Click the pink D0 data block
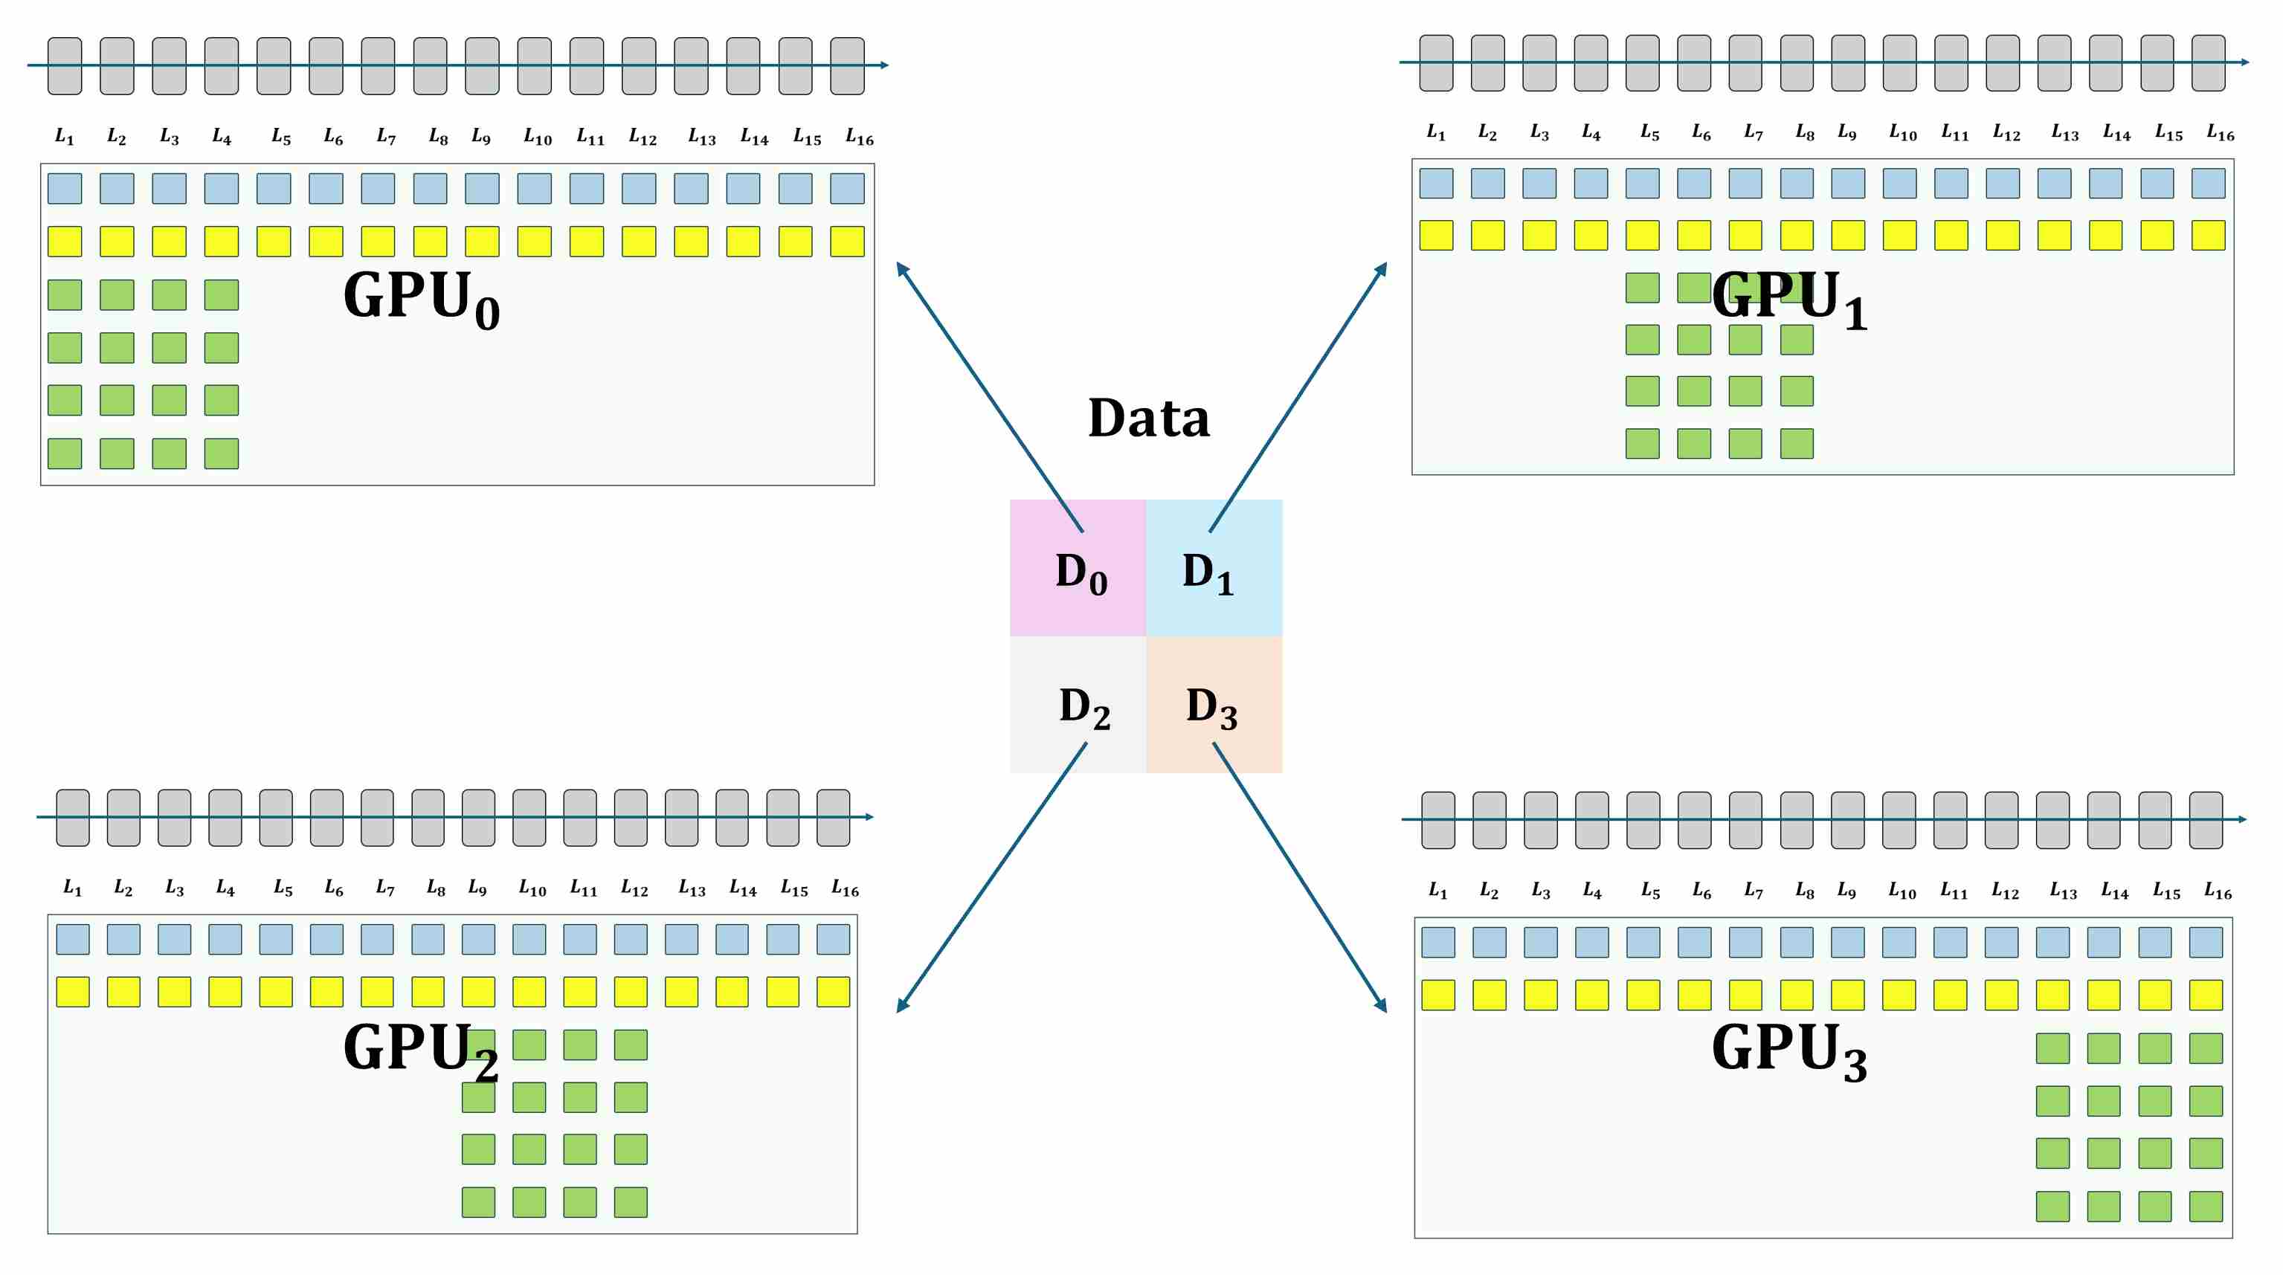1077,568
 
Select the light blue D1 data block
1214,568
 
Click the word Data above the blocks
1149,419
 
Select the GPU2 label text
420,1049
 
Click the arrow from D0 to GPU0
989,396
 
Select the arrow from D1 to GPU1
1298,396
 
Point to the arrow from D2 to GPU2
991,877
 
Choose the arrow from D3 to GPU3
1299,877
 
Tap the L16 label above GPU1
2220,133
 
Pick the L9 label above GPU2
477,888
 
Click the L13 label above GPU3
2063,891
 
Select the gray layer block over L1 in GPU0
65,65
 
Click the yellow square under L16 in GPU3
2206,995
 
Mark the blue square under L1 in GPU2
73,939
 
